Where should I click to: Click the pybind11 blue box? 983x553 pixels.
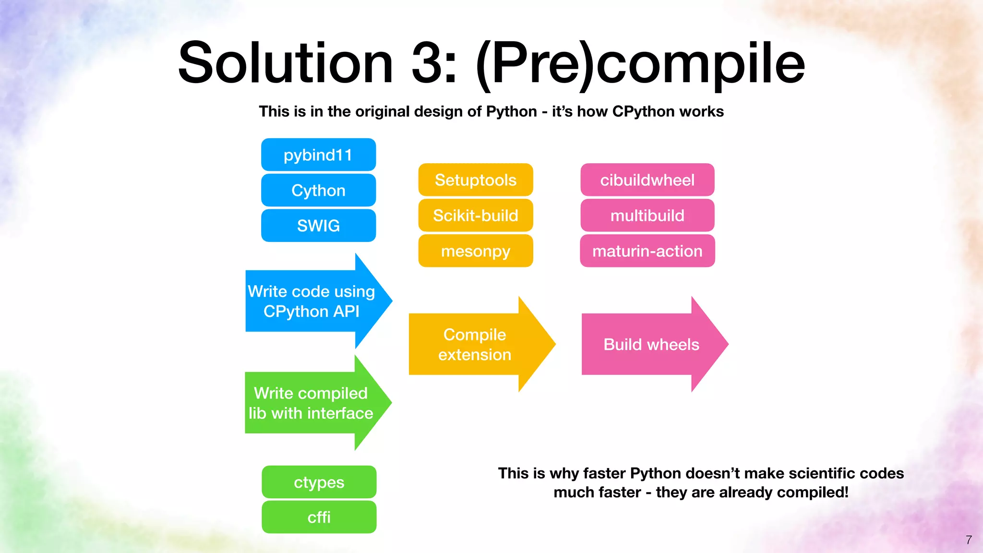tap(318, 155)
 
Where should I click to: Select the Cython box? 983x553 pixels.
tap(318, 191)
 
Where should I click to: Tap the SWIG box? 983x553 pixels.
tap(318, 226)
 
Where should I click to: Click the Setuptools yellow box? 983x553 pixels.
tap(475, 180)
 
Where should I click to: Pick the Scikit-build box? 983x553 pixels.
tap(475, 216)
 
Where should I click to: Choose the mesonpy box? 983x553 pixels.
tap(475, 251)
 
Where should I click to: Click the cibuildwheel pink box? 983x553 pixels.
tap(647, 180)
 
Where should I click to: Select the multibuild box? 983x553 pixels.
tap(647, 216)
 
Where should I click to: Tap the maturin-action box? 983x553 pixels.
tap(647, 251)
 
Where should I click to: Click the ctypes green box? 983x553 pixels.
tap(319, 482)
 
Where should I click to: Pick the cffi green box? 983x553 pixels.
tap(319, 517)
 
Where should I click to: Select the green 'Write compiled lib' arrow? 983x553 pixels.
tap(311, 403)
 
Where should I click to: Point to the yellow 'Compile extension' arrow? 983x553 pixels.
tap(474, 345)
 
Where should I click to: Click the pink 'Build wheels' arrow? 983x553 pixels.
tap(651, 345)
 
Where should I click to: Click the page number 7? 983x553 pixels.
tap(969, 540)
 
